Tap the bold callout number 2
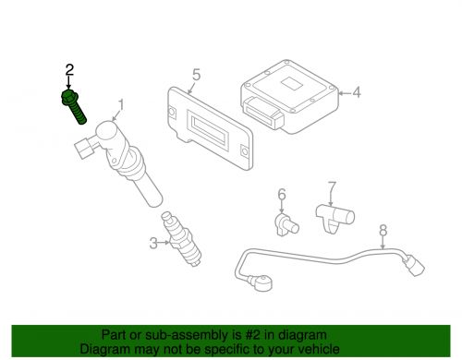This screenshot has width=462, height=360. pyautogui.click(x=67, y=69)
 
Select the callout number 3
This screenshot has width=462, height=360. pyautogui.click(x=152, y=243)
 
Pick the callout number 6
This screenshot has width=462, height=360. pyautogui.click(x=282, y=194)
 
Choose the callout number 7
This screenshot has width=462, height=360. pyautogui.click(x=333, y=188)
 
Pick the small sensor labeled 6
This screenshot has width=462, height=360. pyautogui.click(x=285, y=223)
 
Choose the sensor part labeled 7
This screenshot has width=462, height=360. pyautogui.click(x=333, y=218)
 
